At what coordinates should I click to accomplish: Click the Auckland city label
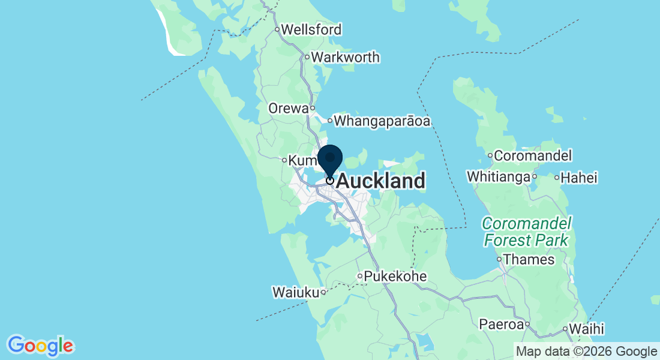coord(381,181)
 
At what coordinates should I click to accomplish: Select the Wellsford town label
coord(311,29)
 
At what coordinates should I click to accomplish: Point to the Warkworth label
coord(346,58)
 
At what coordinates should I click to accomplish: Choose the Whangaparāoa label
coord(382,121)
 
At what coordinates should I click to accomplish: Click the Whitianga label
coord(498,177)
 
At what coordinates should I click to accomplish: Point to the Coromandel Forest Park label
coord(526,232)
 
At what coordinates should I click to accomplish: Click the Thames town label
coord(529,260)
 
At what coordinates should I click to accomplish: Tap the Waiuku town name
coord(295,293)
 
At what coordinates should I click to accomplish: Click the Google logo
coord(40,346)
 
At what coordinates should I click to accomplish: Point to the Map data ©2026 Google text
coord(587,351)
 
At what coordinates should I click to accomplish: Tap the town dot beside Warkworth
coord(307,58)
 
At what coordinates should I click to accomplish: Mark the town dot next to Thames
coord(499,260)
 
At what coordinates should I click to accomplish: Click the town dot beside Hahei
coord(557,178)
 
